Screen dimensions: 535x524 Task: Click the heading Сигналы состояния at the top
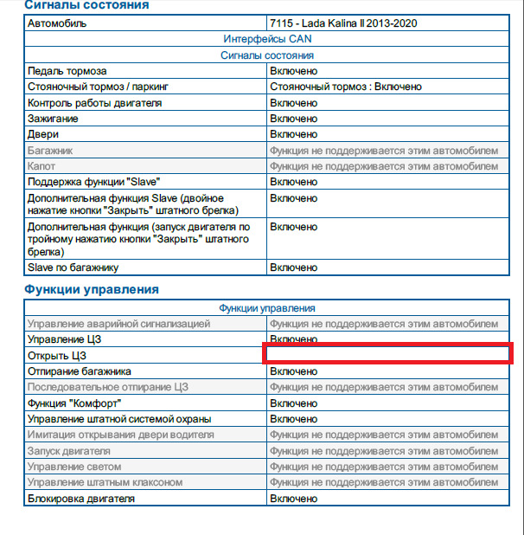point(86,5)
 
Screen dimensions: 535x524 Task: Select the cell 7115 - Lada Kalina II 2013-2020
point(344,23)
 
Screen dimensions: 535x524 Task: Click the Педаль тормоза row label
point(67,71)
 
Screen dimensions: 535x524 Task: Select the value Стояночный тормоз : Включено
point(345,87)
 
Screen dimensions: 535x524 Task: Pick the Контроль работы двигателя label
point(94,103)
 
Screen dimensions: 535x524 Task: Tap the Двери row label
point(43,134)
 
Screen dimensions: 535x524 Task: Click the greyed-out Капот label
point(42,166)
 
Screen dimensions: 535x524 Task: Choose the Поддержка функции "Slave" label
point(93,182)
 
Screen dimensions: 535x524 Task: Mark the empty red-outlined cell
point(388,354)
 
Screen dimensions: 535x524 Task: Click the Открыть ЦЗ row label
point(58,356)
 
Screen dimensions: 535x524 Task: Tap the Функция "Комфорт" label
point(73,403)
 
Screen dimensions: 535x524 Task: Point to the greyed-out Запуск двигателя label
point(68,451)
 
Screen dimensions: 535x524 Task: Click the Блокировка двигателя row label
point(81,499)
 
